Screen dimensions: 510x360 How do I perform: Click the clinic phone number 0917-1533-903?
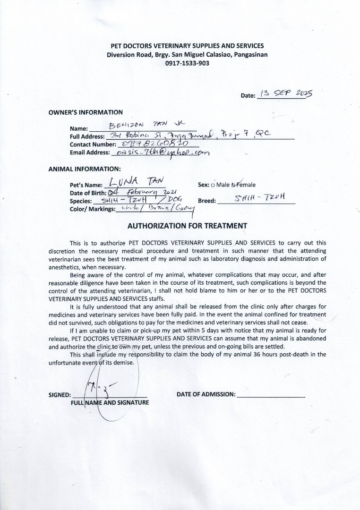[x=187, y=63]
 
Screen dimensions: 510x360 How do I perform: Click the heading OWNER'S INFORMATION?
[x=86, y=112]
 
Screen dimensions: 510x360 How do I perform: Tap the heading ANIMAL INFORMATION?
[x=84, y=169]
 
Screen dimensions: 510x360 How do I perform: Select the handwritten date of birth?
[x=143, y=193]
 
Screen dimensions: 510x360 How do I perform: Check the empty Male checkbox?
[x=213, y=185]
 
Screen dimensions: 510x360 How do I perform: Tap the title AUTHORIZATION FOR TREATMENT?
[x=187, y=226]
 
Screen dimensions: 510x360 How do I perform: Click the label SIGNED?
[x=60, y=395]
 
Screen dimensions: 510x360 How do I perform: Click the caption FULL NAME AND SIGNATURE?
[x=110, y=403]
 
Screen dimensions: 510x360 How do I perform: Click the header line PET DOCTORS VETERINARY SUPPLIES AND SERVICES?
[x=187, y=46]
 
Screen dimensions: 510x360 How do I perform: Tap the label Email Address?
[x=90, y=153]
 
